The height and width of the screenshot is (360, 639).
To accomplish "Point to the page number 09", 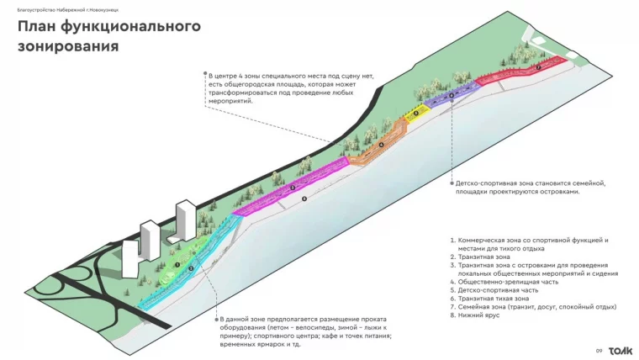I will tap(599, 351).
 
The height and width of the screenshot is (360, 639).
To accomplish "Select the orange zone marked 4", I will tap(379, 145).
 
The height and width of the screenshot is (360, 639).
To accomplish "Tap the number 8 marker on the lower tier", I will tap(304, 198).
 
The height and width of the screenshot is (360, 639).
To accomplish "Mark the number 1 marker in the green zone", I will tap(178, 264).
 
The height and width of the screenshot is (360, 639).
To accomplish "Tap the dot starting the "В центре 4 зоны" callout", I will tap(204, 74).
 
